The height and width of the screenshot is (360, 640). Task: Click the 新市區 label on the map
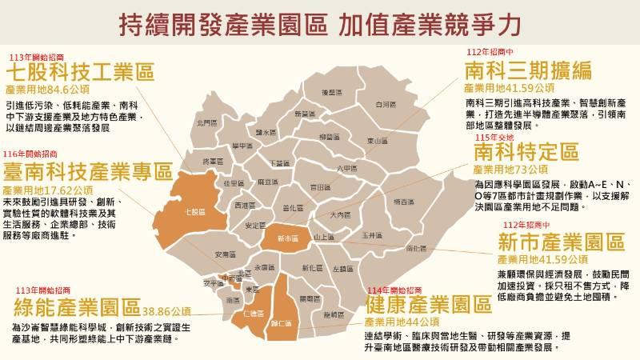click(x=286, y=238)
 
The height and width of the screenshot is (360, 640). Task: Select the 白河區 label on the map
click(x=384, y=104)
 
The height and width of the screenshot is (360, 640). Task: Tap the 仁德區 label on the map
click(x=252, y=314)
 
